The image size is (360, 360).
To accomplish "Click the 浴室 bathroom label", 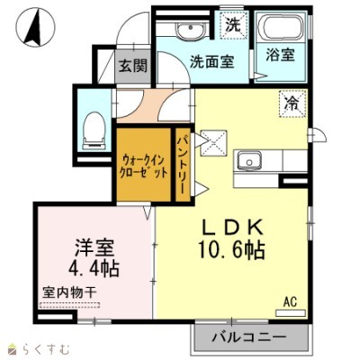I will pyautogui.click(x=279, y=55).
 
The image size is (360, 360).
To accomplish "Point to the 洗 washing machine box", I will pyautogui.click(x=233, y=23).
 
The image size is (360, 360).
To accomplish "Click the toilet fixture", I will pyautogui.click(x=93, y=130).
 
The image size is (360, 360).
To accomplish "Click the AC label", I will pyautogui.click(x=290, y=301).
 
